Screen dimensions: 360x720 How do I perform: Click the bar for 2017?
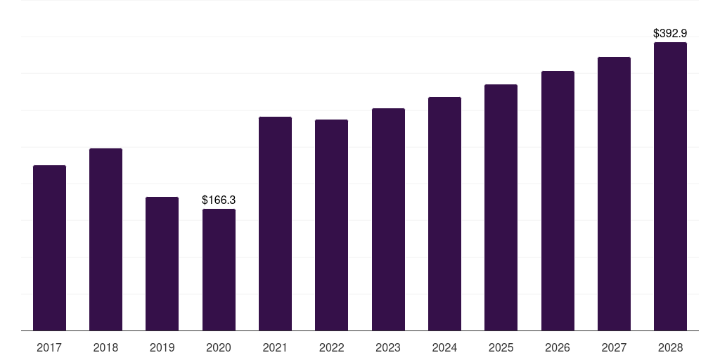pyautogui.click(x=49, y=247)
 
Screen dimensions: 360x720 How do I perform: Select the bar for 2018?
pyautogui.click(x=105, y=239)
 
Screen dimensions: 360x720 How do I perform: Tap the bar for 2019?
pyautogui.click(x=162, y=264)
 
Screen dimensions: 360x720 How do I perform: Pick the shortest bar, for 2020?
pyautogui.click(x=219, y=269)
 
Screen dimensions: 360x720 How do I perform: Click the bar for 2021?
pyautogui.click(x=275, y=224)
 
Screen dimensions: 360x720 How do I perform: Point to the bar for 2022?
pyautogui.click(x=331, y=225)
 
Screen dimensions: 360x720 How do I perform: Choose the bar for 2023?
pyautogui.click(x=388, y=219)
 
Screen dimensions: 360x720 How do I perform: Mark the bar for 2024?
pyautogui.click(x=444, y=214)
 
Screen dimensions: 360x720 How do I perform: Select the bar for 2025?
pyautogui.click(x=501, y=207)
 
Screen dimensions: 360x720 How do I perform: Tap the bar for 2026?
pyautogui.click(x=558, y=200)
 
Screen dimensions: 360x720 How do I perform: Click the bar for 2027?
pyautogui.click(x=614, y=193)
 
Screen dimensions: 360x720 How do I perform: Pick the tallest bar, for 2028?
pyautogui.click(x=670, y=186)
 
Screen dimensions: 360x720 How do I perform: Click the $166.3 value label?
pyautogui.click(x=219, y=200)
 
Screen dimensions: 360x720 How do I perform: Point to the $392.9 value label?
pyautogui.click(x=670, y=33)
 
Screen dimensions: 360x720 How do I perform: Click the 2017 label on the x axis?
pyautogui.click(x=49, y=347)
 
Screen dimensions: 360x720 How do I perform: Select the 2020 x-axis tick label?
pyautogui.click(x=219, y=347)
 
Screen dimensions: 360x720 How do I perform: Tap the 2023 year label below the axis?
pyautogui.click(x=388, y=347)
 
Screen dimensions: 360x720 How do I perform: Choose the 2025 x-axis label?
pyautogui.click(x=501, y=347)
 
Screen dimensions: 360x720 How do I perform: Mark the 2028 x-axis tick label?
pyautogui.click(x=670, y=347)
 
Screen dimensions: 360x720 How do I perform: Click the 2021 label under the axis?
pyautogui.click(x=275, y=347)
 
